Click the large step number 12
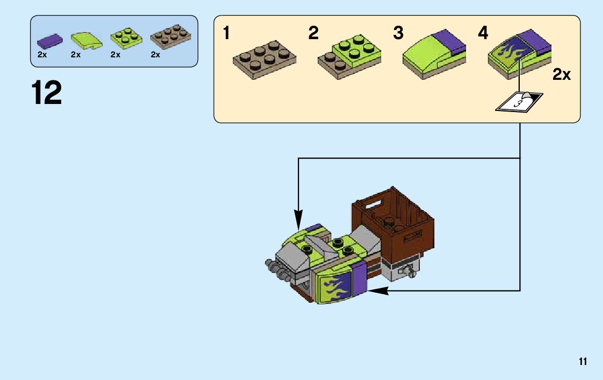coord(47,93)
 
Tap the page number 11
coord(583,362)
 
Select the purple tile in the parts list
coord(49,41)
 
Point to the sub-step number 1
coord(227,34)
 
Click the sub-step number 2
coord(313,34)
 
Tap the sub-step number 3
coord(398,34)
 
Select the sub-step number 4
coord(483,34)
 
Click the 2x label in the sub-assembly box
coord(562,75)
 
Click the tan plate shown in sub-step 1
coord(264,59)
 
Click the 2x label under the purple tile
coord(42,55)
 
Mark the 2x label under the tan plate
coord(156,55)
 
